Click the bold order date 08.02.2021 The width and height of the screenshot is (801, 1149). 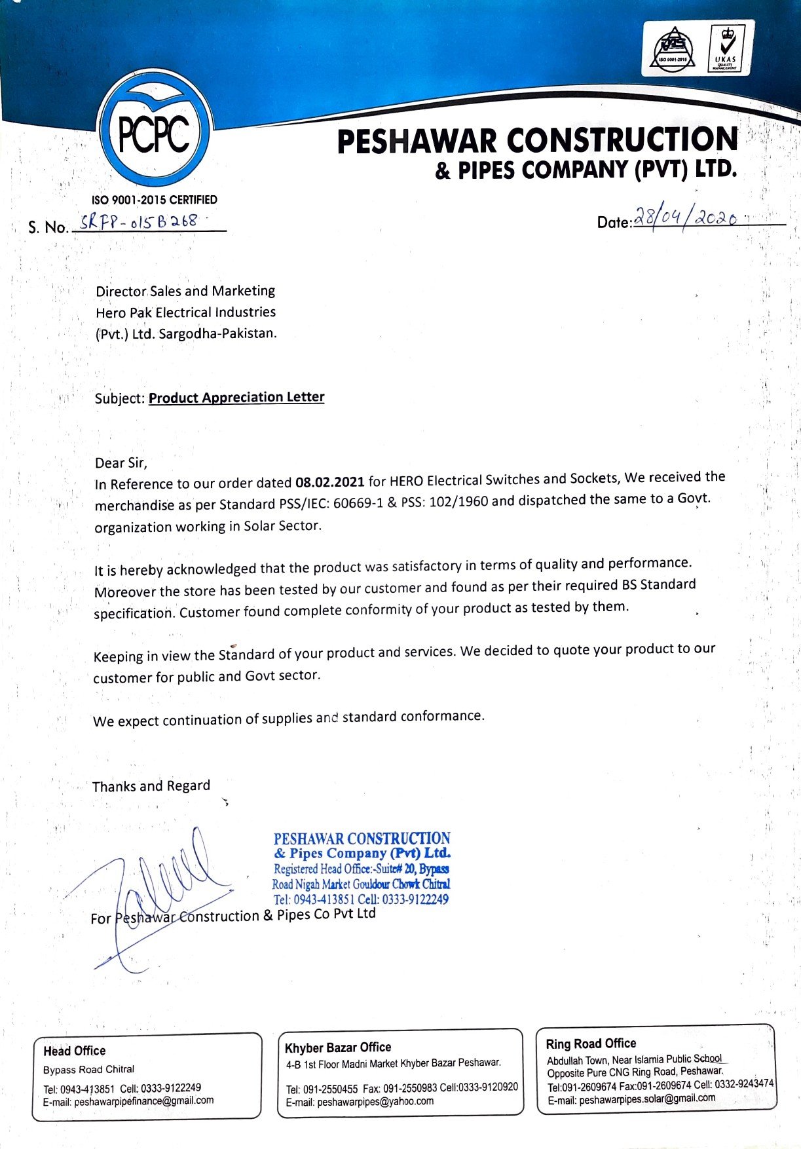[329, 482]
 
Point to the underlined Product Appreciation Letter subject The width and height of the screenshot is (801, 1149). [236, 398]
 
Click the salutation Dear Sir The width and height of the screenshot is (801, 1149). [121, 463]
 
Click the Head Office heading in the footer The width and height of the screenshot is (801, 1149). [74, 1051]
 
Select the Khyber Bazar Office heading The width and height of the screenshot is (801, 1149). [337, 1047]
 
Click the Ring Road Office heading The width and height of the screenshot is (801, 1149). [591, 1044]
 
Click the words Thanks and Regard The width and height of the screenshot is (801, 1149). [151, 786]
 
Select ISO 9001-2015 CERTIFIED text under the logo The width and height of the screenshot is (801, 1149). [154, 200]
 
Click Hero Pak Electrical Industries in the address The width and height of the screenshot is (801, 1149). [185, 312]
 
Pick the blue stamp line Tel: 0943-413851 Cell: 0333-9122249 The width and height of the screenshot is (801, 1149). [361, 899]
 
